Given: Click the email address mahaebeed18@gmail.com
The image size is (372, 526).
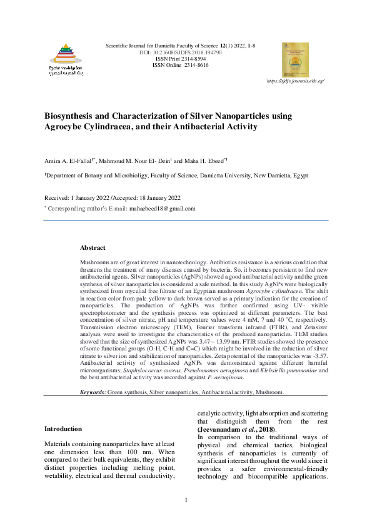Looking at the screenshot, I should tap(163, 209).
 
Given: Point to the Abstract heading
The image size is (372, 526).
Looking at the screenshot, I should tap(93, 248).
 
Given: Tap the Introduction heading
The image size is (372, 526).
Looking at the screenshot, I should tap(63, 429).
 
